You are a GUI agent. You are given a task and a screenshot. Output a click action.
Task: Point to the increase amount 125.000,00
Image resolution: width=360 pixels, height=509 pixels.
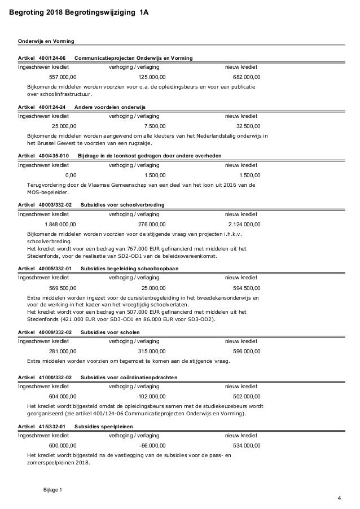(152, 77)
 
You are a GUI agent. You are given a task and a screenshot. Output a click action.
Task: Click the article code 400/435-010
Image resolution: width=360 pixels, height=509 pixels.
(54, 155)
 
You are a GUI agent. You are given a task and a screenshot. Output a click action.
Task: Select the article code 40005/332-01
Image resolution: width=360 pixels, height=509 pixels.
(55, 268)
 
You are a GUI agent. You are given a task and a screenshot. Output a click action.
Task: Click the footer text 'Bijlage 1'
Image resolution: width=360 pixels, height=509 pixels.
(52, 489)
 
